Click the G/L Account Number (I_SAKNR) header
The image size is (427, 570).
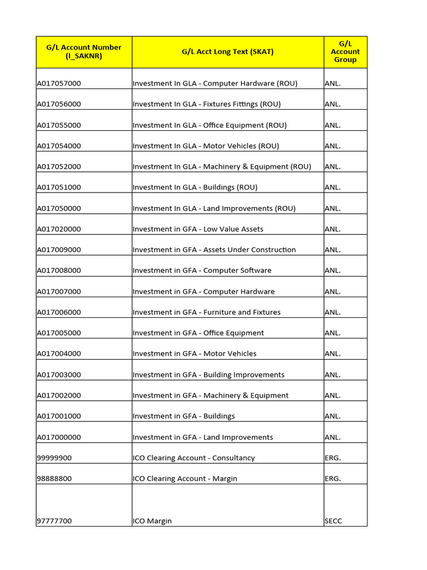click(83, 52)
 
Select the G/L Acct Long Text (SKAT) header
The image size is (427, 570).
click(227, 52)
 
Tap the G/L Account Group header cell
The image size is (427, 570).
click(345, 52)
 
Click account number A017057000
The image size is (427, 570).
click(59, 83)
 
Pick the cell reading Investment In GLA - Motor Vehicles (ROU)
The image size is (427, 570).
click(206, 146)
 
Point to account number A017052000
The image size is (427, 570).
click(59, 166)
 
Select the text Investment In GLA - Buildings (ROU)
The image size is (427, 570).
click(195, 188)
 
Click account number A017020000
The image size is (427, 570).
click(59, 229)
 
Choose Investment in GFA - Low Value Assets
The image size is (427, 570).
click(198, 229)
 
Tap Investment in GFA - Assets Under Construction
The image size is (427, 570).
click(214, 250)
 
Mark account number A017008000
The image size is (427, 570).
click(59, 271)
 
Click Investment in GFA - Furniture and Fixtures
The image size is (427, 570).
click(206, 312)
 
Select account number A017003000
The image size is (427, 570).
click(59, 375)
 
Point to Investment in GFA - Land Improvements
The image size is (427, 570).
click(203, 437)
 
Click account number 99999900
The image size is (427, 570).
click(54, 458)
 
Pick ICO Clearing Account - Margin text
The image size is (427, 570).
click(185, 479)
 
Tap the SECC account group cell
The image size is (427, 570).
click(334, 521)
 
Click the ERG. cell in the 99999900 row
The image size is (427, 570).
click(332, 458)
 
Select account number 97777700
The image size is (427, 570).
click(54, 521)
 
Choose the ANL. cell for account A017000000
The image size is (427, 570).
click(332, 437)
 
